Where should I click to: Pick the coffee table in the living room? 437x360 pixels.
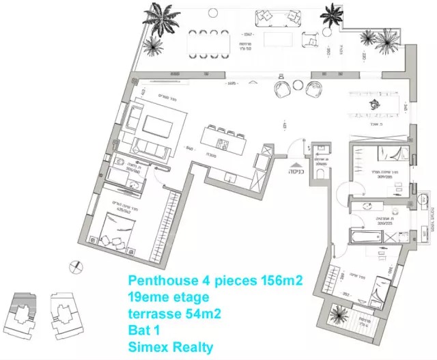pyautogui.click(x=158, y=127)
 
